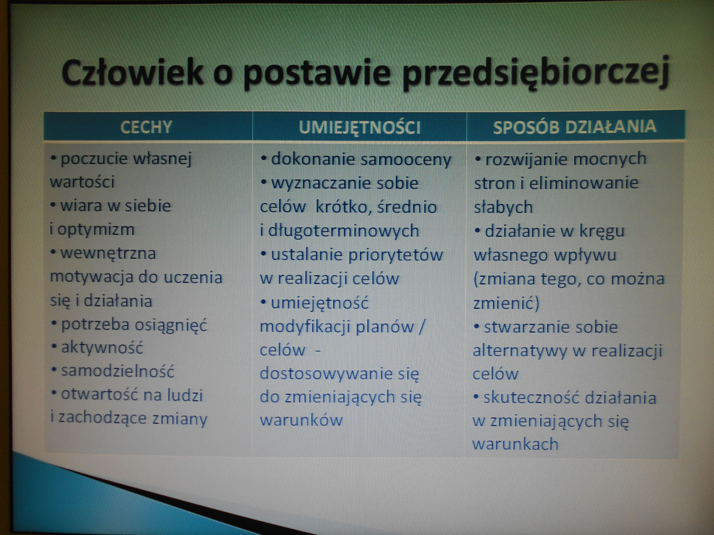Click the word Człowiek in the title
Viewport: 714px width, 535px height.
tap(132, 73)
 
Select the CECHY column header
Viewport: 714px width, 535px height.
tap(146, 127)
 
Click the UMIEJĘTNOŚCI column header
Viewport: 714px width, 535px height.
tap(360, 127)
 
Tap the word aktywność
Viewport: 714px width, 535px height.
tap(102, 348)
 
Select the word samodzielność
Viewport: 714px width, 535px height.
tap(118, 371)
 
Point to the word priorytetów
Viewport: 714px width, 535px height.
tap(396, 255)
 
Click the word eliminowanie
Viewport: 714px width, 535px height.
tap(584, 183)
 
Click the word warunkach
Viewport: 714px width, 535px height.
tap(515, 444)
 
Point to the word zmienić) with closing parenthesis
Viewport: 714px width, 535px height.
tap(506, 303)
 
